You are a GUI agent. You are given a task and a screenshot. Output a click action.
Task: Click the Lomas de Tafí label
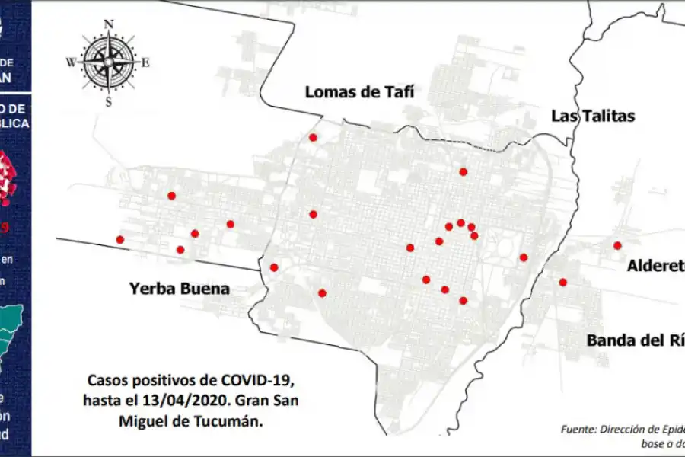pos(359,92)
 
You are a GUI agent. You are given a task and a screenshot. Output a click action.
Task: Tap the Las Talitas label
pos(593,116)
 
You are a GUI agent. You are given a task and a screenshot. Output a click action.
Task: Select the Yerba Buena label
pos(179,289)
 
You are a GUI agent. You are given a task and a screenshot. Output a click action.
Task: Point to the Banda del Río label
pos(635,340)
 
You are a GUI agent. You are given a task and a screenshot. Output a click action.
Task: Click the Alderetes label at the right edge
pos(655,265)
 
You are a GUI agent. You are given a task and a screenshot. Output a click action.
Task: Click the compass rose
pos(109,62)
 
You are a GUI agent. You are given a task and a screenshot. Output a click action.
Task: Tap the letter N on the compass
pos(109,24)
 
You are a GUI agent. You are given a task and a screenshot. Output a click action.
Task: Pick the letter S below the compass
pos(109,101)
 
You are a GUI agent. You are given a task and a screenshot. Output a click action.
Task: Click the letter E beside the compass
pos(145,62)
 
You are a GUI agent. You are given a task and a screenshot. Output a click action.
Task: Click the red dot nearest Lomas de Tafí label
pos(313,137)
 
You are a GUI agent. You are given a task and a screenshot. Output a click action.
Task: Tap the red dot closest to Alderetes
pos(617,245)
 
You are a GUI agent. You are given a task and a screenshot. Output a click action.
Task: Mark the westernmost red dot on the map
pos(119,240)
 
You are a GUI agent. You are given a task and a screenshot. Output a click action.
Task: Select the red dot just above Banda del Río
pos(563,283)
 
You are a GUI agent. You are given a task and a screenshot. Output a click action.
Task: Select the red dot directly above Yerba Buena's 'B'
pos(180,250)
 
